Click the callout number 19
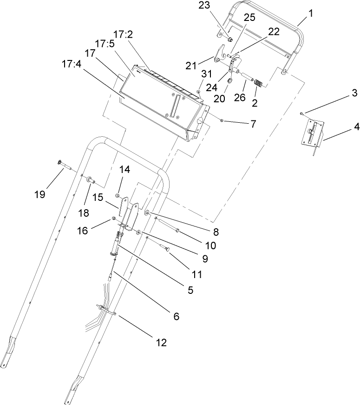pyautogui.click(x=40, y=194)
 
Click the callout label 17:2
pyautogui.click(x=124, y=34)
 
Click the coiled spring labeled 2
pyautogui.click(x=259, y=84)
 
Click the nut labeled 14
pyautogui.click(x=118, y=195)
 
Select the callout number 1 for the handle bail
pyautogui.click(x=311, y=13)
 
